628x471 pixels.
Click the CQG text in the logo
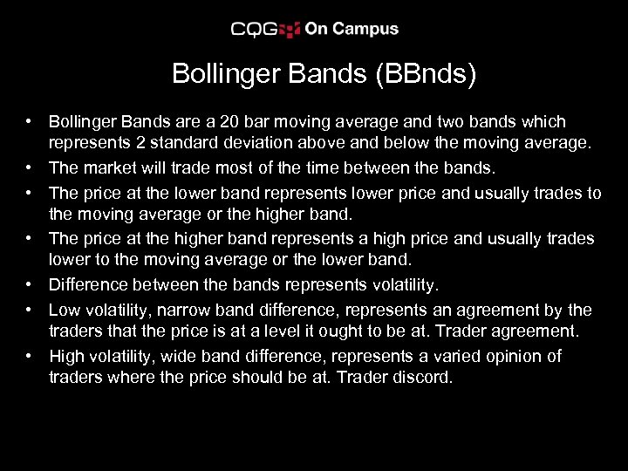tap(254, 30)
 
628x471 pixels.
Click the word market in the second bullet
tap(110, 167)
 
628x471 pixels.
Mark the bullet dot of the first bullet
tap(30, 121)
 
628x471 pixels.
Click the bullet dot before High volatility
tap(30, 356)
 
